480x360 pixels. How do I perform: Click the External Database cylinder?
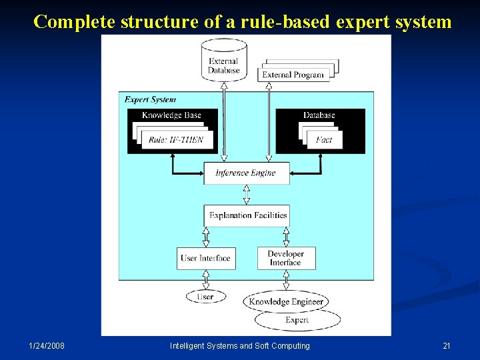click(x=224, y=61)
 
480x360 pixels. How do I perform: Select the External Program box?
click(x=293, y=75)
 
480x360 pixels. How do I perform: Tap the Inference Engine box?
click(x=245, y=173)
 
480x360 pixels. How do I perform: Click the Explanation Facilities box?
click(x=247, y=215)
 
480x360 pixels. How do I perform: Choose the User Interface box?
click(x=205, y=259)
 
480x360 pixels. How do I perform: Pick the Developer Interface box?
click(x=286, y=259)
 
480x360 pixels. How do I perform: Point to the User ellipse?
click(x=205, y=297)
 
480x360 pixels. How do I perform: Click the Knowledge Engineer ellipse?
click(x=286, y=302)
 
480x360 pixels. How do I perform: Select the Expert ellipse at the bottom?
click(x=297, y=321)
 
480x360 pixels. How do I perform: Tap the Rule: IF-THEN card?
click(x=176, y=140)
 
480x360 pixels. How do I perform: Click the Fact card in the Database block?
click(x=324, y=140)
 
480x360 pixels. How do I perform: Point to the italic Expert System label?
click(x=150, y=100)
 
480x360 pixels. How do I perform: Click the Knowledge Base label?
click(x=171, y=115)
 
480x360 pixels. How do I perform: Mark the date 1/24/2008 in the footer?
click(x=47, y=346)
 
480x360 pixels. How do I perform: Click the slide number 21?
click(x=447, y=346)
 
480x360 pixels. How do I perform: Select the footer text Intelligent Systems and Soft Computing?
click(x=240, y=346)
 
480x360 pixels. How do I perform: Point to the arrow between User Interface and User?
click(x=205, y=280)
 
